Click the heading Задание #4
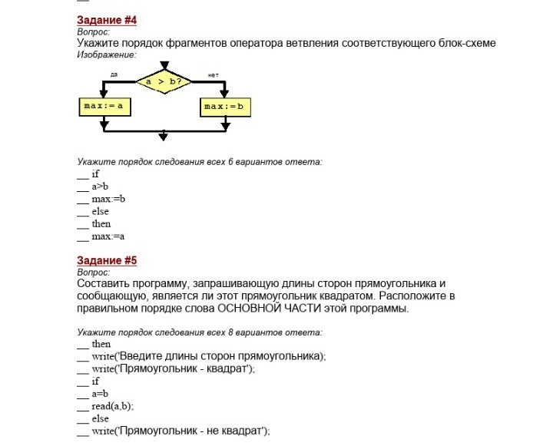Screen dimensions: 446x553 [107, 20]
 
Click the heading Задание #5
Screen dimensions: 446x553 [107, 261]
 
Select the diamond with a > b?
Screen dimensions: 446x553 [163, 81]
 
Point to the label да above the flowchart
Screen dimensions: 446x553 [114, 74]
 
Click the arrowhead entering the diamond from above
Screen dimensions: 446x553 [163, 63]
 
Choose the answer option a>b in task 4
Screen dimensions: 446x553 [100, 187]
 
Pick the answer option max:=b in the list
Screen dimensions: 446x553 [108, 199]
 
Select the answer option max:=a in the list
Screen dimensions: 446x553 [108, 236]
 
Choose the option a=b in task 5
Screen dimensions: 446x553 [100, 394]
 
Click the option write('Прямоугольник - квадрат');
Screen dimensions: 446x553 [173, 369]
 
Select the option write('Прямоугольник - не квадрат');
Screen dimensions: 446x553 [180, 431]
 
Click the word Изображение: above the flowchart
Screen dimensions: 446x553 [107, 55]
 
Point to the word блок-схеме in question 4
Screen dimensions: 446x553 [468, 43]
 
